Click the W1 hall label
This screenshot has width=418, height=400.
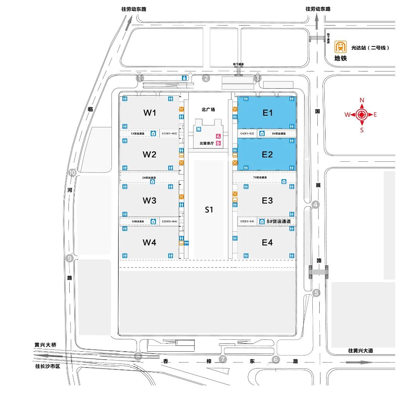coord(150,113)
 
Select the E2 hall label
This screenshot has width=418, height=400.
coord(267,154)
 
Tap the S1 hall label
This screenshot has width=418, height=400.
coord(209,210)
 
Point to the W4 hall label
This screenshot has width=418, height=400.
coord(149,243)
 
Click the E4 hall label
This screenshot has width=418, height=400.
coord(267,243)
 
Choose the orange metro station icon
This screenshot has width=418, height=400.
coord(341,47)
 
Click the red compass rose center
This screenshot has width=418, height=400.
coord(362,115)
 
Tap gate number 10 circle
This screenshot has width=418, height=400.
coord(72,173)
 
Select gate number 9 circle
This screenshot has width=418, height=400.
coord(70,258)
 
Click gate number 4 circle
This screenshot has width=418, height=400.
coord(316,205)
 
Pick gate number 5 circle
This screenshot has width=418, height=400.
coord(317,293)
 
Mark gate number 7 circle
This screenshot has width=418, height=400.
coord(223,359)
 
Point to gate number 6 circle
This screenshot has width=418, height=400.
coord(276,360)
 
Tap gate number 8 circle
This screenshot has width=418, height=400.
coord(138,356)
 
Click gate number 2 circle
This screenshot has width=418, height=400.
coord(206,79)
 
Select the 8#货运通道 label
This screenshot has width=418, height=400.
coord(279,221)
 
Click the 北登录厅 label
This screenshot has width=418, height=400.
coord(207,143)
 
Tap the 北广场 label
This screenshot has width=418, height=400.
coord(208,109)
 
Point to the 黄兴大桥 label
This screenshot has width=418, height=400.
coord(45,345)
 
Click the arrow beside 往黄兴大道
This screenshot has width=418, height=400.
coord(360,362)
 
